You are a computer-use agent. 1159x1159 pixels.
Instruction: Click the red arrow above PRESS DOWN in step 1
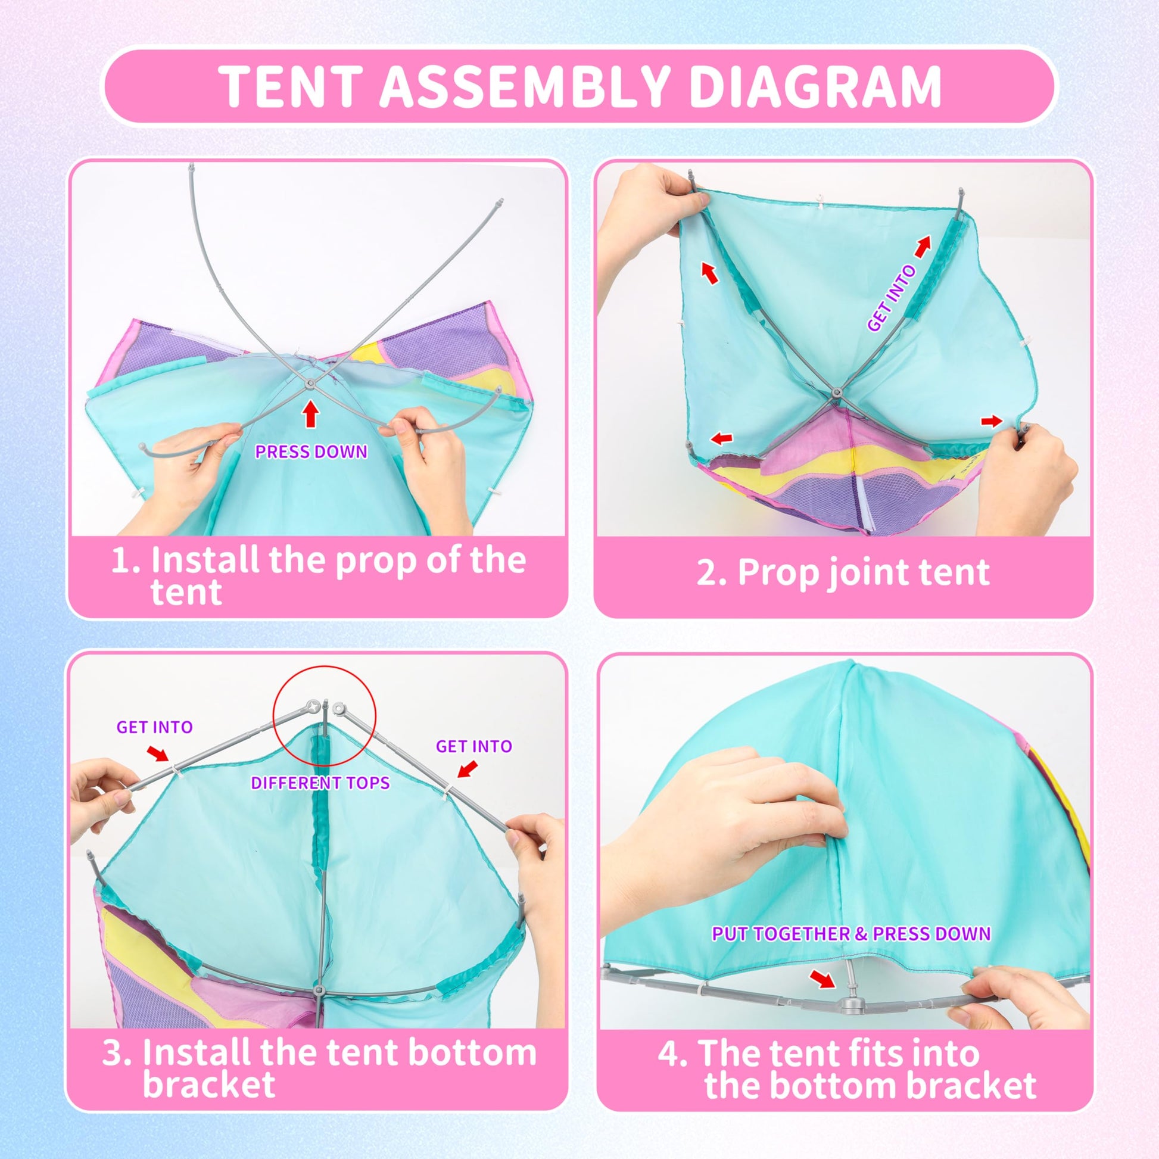[310, 414]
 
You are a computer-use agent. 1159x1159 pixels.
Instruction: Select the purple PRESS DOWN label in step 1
[311, 451]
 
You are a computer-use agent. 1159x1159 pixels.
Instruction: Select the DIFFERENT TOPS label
[320, 783]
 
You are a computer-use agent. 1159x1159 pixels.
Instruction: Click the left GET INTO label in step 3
[154, 727]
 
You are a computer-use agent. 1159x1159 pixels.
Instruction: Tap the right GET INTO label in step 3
[474, 746]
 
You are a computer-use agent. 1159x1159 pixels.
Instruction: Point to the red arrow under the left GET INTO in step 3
[158, 753]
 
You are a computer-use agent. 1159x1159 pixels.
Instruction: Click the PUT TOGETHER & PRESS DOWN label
[850, 933]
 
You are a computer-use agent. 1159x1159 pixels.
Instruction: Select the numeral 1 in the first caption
[120, 560]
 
